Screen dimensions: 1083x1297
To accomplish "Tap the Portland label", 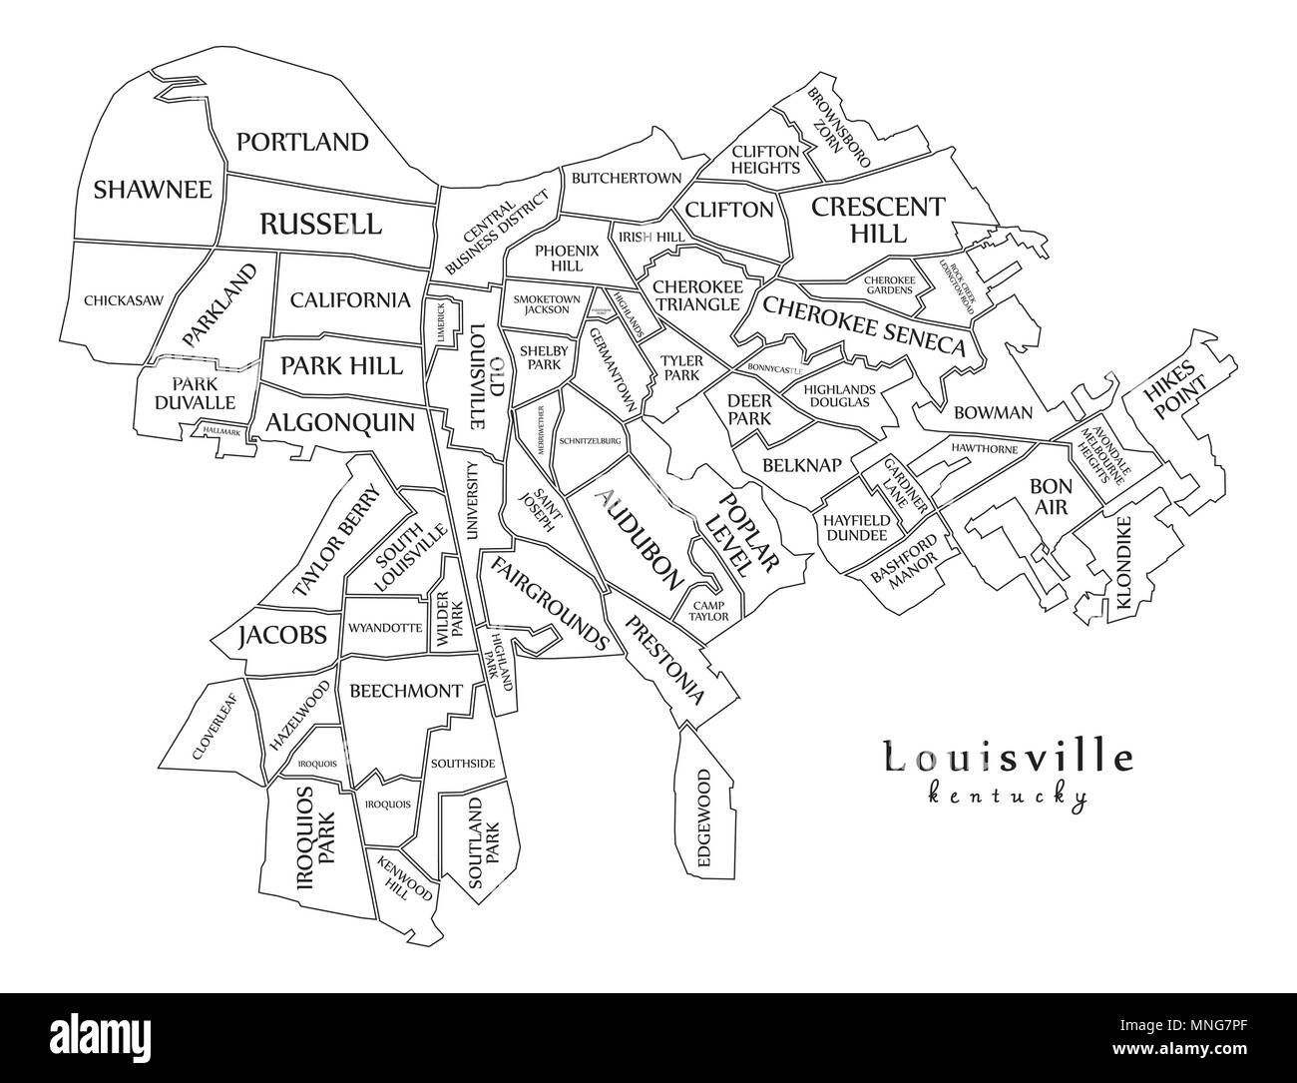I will (301, 142).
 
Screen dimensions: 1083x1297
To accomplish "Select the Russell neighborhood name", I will (319, 224).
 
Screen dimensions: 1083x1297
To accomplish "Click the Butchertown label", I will (626, 178).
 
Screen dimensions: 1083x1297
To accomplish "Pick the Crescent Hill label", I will (877, 220).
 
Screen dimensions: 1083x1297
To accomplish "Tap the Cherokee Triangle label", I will (698, 295).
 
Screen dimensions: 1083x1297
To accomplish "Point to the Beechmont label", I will (405, 691).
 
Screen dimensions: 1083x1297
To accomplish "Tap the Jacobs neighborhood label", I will (282, 635).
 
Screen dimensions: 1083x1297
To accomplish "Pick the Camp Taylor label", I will (710, 611).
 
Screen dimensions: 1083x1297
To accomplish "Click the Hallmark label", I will (220, 431).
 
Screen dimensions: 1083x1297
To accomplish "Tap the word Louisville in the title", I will (1009, 758).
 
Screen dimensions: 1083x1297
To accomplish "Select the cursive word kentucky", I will (1007, 797).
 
